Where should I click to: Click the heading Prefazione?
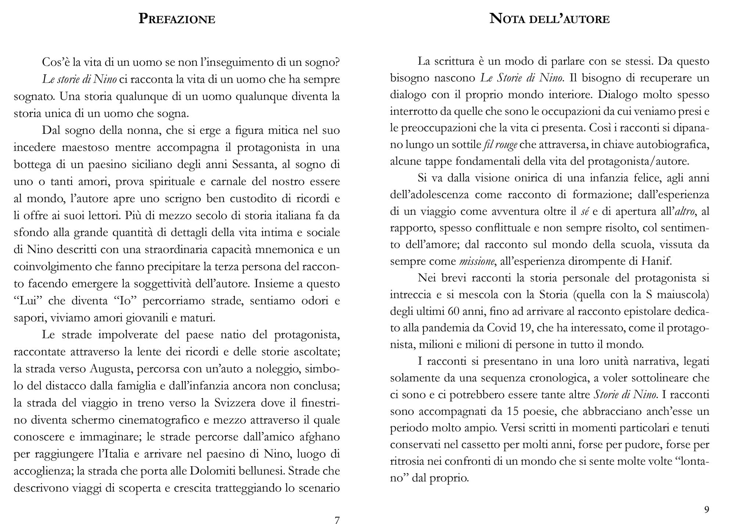click(x=177, y=19)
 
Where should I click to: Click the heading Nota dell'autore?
click(x=549, y=18)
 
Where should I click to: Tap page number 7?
click(x=337, y=520)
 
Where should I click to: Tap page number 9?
click(x=706, y=509)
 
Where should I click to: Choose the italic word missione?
click(x=477, y=261)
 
